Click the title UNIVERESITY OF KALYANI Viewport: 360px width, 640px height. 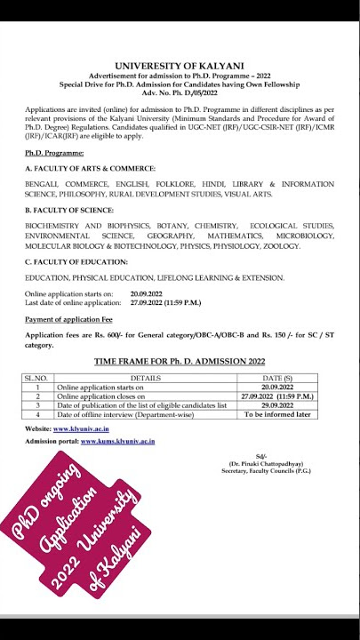pos(180,66)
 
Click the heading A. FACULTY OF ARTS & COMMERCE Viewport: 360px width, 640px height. pos(90,168)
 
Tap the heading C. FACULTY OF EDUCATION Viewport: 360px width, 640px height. pos(76,261)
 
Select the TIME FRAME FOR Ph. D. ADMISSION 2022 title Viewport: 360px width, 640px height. pos(180,362)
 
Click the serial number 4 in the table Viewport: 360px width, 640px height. pos(38,414)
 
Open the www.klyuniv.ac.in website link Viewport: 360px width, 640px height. pos(85,428)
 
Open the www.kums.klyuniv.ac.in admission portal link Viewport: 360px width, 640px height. pos(117,441)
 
